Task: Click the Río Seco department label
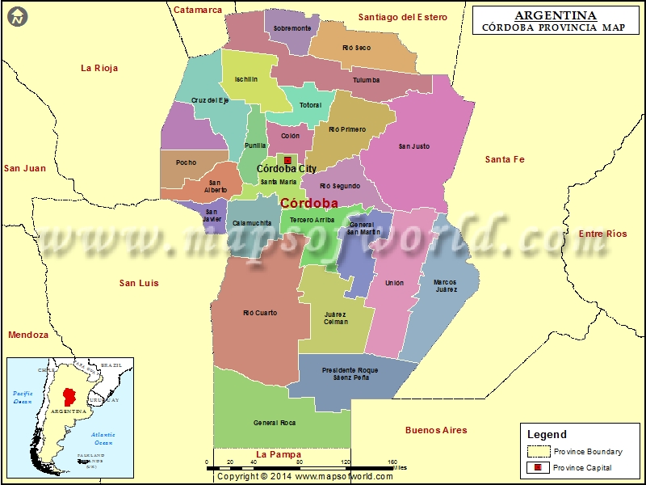(x=356, y=48)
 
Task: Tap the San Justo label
(x=414, y=146)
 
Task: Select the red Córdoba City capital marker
(x=287, y=160)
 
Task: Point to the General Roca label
(x=275, y=423)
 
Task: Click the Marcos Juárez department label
(x=445, y=285)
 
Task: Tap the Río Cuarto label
(x=260, y=313)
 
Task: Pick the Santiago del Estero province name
(x=402, y=17)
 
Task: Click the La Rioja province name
(x=99, y=68)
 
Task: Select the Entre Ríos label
(x=602, y=234)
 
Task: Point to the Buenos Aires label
(x=436, y=430)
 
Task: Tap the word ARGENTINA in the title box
(x=555, y=15)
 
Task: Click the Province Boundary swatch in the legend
(x=539, y=451)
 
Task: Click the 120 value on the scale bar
(x=346, y=462)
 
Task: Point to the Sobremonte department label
(x=292, y=28)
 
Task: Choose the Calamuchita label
(x=252, y=222)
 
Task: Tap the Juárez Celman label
(x=335, y=318)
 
